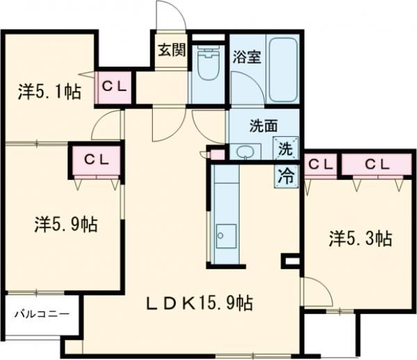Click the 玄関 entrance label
point(170,49)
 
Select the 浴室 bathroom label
point(247,56)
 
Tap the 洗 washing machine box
point(286,148)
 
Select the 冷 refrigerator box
point(286,174)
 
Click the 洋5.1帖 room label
point(48,90)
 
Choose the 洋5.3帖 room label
point(360,239)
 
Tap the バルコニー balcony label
point(42,314)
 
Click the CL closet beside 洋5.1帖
point(114,86)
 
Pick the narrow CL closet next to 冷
point(319,165)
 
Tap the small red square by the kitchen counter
point(218,154)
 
